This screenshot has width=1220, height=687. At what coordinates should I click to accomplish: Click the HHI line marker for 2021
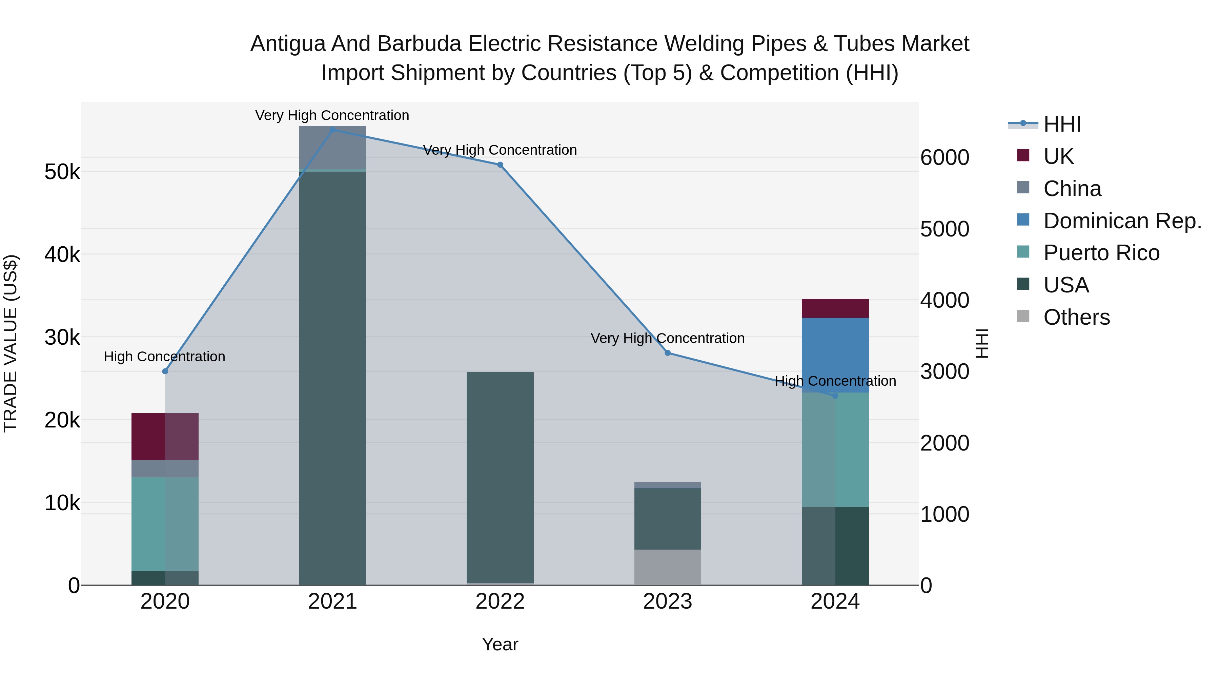(x=332, y=130)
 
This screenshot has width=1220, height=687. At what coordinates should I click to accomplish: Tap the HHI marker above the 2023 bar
(x=668, y=353)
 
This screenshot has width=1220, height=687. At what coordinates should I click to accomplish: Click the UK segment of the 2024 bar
(x=835, y=308)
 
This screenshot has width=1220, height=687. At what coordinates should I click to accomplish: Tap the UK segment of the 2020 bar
(x=165, y=436)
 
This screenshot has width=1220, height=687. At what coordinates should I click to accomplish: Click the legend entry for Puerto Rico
(x=1101, y=253)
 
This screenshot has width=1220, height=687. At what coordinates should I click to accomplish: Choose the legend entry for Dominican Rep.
(x=1121, y=221)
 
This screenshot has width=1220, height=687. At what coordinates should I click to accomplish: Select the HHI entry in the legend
(x=1062, y=124)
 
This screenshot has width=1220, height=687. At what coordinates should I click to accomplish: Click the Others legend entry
(x=1076, y=317)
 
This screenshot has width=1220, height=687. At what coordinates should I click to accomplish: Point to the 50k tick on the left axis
(x=62, y=172)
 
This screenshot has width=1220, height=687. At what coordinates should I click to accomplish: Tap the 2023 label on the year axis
(x=668, y=602)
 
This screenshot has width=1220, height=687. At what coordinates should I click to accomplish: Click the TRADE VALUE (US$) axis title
(x=11, y=343)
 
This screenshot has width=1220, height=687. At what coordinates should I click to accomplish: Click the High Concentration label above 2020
(x=164, y=357)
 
